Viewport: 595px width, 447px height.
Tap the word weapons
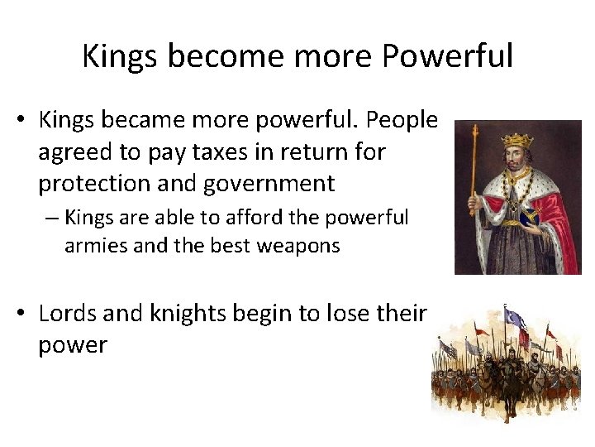click(x=298, y=246)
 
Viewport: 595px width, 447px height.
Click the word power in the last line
click(x=73, y=344)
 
